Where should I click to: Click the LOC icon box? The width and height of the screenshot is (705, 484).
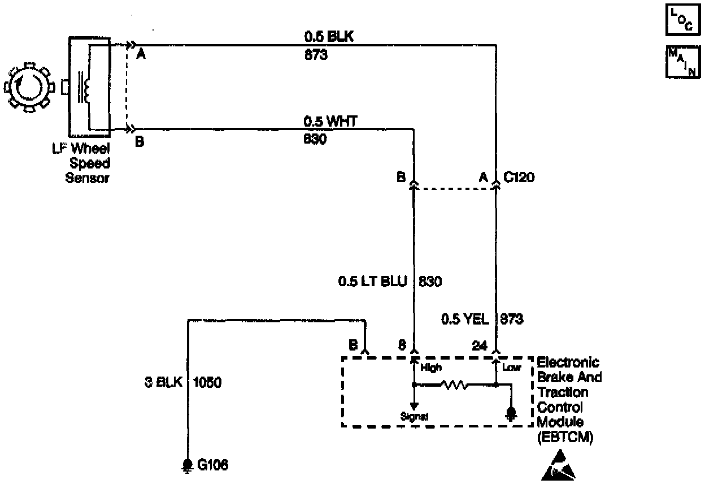682,22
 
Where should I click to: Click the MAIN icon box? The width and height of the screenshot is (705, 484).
682,62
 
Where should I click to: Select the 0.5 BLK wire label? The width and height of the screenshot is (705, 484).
329,37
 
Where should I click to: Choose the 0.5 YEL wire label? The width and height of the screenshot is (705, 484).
464,319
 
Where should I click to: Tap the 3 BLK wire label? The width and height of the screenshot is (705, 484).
164,382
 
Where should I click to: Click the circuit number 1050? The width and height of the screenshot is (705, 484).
207,382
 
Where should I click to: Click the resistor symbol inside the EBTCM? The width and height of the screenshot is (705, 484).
454,385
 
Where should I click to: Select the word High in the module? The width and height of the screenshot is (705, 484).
431,368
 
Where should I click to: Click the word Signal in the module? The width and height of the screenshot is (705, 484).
414,416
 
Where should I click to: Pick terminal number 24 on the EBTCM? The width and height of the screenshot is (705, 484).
479,346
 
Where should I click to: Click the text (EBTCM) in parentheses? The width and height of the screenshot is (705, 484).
565,436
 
